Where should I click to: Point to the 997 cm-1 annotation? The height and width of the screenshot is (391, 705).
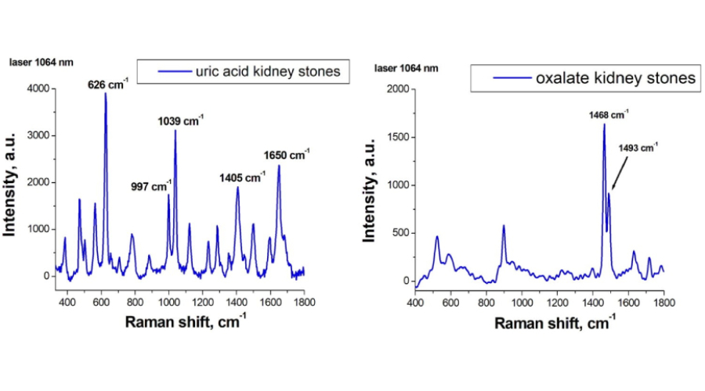coord(150,186)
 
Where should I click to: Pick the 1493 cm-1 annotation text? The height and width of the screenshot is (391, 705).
coord(638,146)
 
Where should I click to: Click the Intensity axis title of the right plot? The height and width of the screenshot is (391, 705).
coord(365,185)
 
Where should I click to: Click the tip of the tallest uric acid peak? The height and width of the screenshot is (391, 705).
coord(105,93)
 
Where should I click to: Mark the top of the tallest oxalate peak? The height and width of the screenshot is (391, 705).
coord(604,124)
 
